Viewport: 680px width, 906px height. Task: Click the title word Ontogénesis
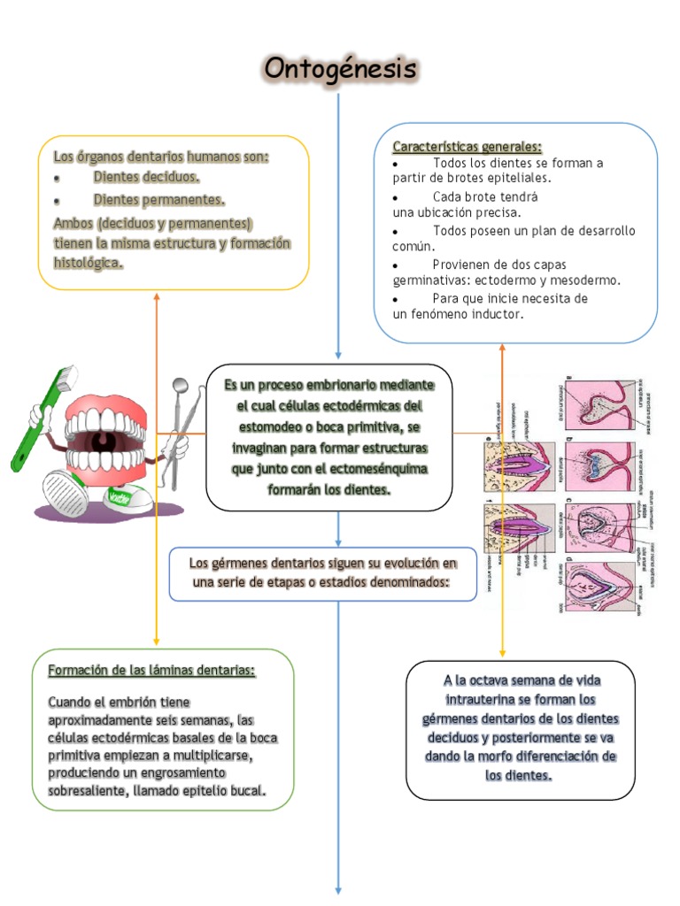339,68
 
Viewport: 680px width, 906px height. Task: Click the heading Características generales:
467,146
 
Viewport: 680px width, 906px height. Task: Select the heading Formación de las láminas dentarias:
151,671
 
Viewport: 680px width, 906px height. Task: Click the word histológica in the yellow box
88,264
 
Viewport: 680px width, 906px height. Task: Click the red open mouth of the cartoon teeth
106,439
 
